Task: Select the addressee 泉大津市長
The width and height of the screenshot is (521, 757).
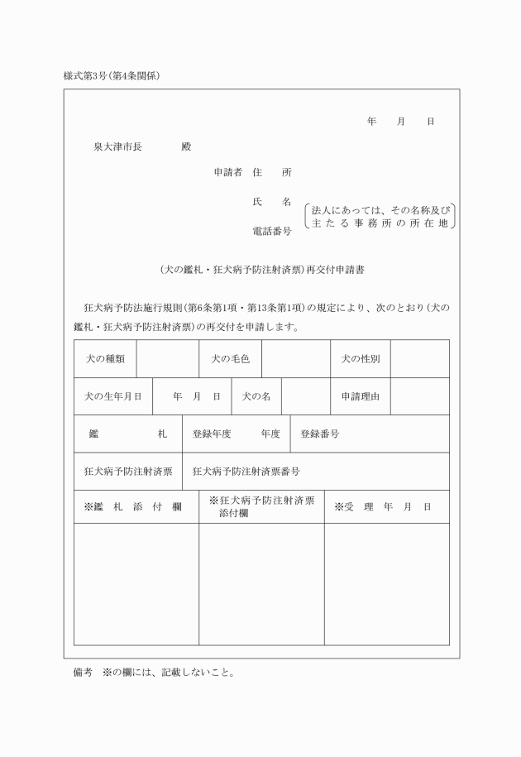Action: [118, 146]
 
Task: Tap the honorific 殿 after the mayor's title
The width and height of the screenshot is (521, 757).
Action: [186, 146]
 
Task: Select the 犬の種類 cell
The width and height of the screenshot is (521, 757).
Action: [105, 359]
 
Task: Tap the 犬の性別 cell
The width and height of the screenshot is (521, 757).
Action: [361, 359]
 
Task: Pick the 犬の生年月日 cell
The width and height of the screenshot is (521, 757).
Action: [112, 396]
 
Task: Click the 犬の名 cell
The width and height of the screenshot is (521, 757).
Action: [256, 396]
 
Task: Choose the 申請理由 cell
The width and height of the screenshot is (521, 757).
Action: [361, 396]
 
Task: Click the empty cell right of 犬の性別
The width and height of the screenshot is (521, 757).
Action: [420, 359]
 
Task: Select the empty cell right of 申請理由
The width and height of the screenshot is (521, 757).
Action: [420, 396]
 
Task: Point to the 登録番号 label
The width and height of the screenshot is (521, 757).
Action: [320, 434]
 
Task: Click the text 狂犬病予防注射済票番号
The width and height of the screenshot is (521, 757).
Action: [246, 472]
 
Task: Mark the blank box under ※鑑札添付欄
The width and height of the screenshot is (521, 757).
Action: [136, 583]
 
